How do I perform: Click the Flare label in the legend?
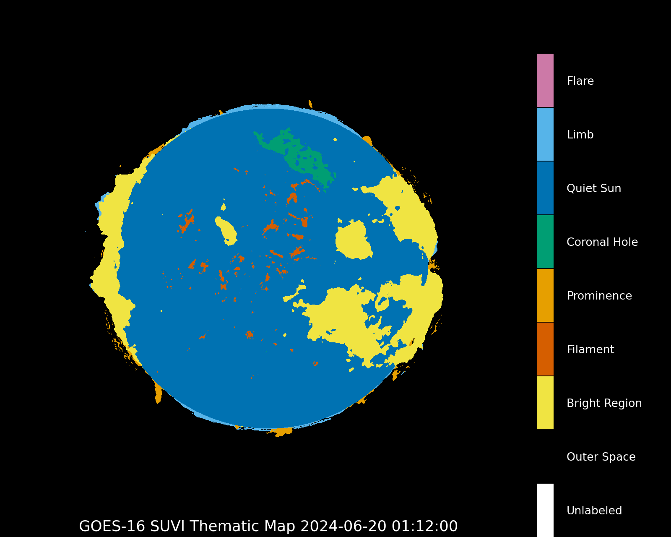[580, 81]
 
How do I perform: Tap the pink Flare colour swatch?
[545, 81]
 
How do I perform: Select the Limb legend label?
[580, 135]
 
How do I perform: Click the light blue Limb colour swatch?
[545, 134]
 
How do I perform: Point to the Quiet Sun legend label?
[593, 188]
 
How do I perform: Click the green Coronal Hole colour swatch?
[545, 242]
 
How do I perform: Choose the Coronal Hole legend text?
[602, 242]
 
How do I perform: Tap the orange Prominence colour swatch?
[545, 295]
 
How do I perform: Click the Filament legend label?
[590, 349]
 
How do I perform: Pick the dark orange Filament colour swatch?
[545, 349]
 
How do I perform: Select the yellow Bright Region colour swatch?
[545, 403]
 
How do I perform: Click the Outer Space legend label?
[601, 457]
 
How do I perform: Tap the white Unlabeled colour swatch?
[545, 510]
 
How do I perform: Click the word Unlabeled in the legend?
[594, 511]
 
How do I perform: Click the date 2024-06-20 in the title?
[343, 526]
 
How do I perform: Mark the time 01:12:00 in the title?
[424, 526]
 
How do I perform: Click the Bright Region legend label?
[604, 403]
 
